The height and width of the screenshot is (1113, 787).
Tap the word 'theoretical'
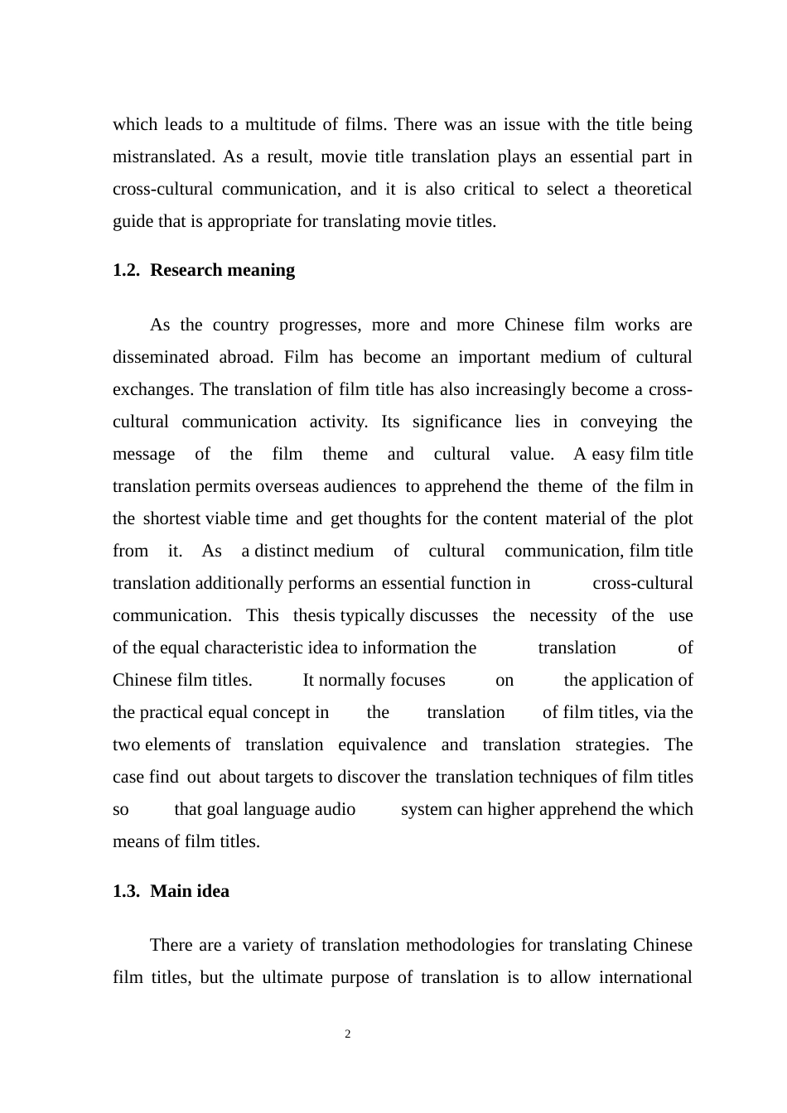click(x=652, y=190)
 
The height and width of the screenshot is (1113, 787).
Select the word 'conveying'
click(x=618, y=422)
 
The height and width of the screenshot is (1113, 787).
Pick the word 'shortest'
click(x=171, y=519)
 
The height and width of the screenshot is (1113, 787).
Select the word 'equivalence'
click(x=382, y=745)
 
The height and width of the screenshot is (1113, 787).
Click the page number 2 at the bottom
click(x=348, y=1034)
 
